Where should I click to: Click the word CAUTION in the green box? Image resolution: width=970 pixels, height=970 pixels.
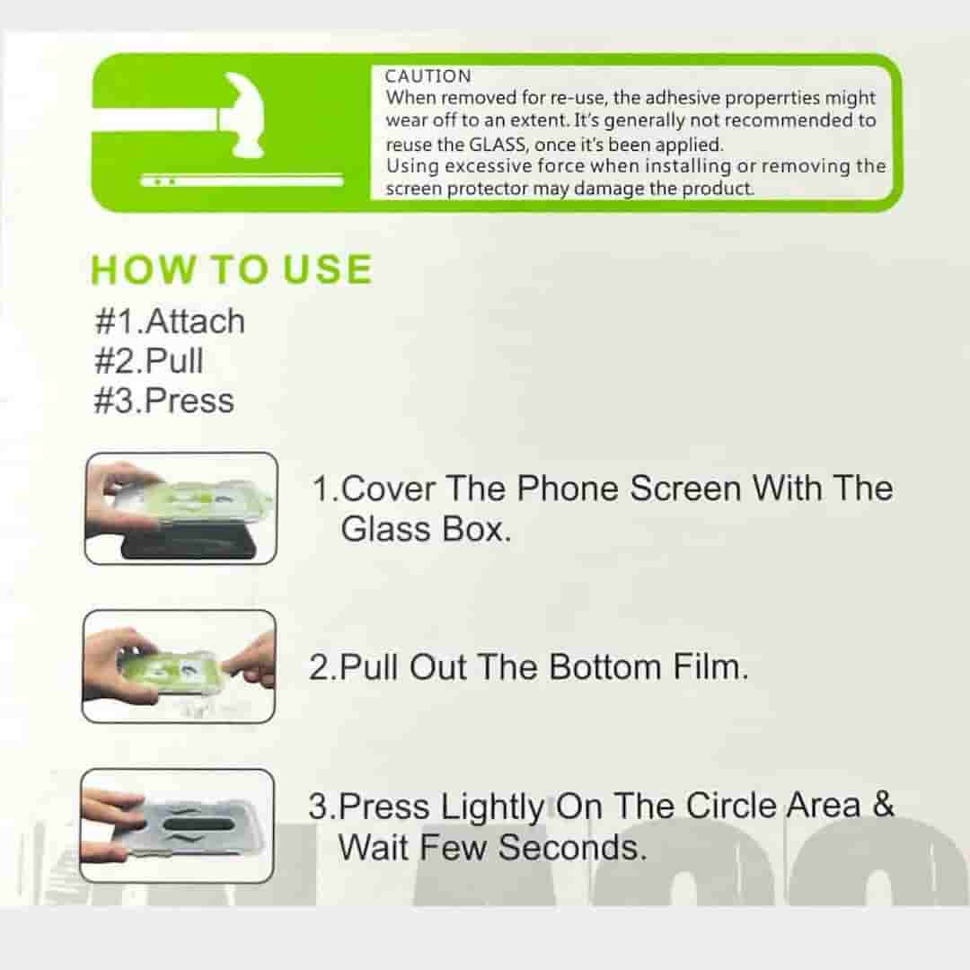pos(428,77)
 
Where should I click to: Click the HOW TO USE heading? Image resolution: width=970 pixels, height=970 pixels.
pos(232,270)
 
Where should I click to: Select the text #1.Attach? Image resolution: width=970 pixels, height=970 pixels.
pos(169,321)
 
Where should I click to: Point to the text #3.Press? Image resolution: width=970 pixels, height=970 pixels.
pos(163,400)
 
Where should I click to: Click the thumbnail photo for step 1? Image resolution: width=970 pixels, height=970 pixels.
pos(181,508)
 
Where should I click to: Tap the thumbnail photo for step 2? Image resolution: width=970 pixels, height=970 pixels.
pos(179,666)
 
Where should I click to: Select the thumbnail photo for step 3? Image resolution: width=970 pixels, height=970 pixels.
pos(177,824)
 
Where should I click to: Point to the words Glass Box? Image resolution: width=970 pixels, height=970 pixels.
pos(425,529)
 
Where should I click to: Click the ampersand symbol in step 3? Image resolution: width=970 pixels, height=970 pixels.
pos(883,805)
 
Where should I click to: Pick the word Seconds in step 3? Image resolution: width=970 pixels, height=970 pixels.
pos(571,847)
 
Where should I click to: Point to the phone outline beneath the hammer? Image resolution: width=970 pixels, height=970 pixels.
pos(242,181)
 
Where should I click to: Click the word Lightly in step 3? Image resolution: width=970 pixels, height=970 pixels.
pos(491,807)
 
